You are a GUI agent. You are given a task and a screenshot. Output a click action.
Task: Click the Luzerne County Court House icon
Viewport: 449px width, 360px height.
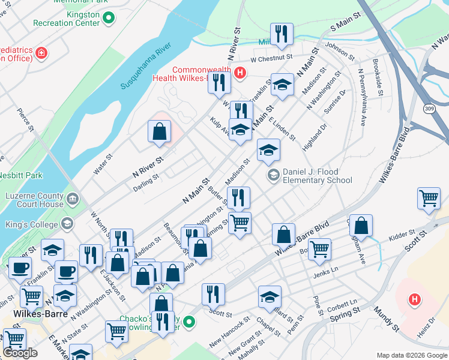tap(73, 198)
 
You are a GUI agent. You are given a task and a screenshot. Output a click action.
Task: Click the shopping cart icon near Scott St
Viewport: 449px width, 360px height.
tap(429, 199)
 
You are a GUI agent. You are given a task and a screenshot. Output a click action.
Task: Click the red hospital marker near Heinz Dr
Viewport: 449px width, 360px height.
tap(414, 299)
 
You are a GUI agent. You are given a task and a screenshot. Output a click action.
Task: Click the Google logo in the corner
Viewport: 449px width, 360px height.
tap(20, 353)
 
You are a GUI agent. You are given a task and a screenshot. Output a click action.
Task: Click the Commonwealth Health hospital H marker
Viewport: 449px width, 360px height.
tap(240, 73)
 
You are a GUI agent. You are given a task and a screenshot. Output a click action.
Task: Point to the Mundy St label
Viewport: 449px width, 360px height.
tap(387, 320)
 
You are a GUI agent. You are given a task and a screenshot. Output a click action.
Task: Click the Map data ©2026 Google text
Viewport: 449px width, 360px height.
tap(412, 355)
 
